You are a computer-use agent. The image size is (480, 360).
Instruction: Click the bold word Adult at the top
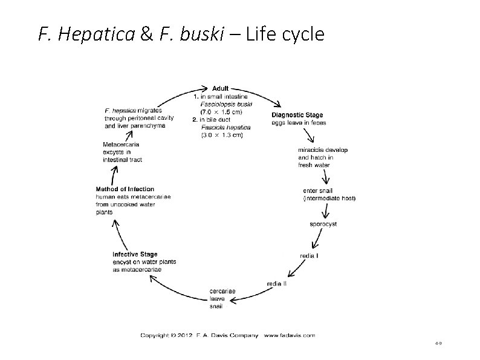click(x=220, y=88)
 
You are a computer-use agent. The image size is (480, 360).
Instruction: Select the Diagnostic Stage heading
click(x=297, y=115)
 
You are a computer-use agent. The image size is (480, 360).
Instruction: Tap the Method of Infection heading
click(x=125, y=189)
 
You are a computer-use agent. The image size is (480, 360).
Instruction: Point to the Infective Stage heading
click(x=135, y=254)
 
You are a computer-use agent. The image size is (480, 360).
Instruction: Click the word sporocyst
click(x=323, y=224)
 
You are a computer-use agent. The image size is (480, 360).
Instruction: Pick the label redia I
click(x=309, y=256)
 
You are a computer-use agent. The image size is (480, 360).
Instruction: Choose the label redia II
click(x=277, y=283)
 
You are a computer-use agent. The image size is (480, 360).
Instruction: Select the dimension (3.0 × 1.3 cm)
click(x=221, y=135)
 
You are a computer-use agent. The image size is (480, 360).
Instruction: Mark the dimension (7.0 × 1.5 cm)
click(x=221, y=112)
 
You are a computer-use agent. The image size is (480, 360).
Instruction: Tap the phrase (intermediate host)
click(x=329, y=198)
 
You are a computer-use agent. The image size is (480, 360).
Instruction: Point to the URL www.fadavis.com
click(x=290, y=335)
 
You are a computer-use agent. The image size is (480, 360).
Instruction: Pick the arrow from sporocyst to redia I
click(x=317, y=240)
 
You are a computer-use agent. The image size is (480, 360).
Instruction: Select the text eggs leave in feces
click(x=299, y=123)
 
